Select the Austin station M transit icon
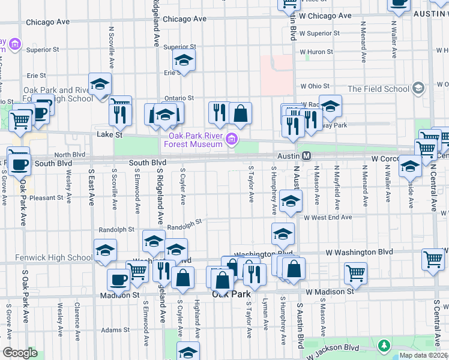[306, 155]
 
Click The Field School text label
[378, 89]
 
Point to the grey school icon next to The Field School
[418, 89]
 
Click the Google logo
[19, 353]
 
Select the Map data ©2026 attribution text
[423, 355]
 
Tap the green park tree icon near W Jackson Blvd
[383, 346]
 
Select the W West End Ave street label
[327, 218]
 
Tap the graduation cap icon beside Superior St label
[184, 59]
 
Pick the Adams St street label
[115, 330]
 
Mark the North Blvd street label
[70, 154]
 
